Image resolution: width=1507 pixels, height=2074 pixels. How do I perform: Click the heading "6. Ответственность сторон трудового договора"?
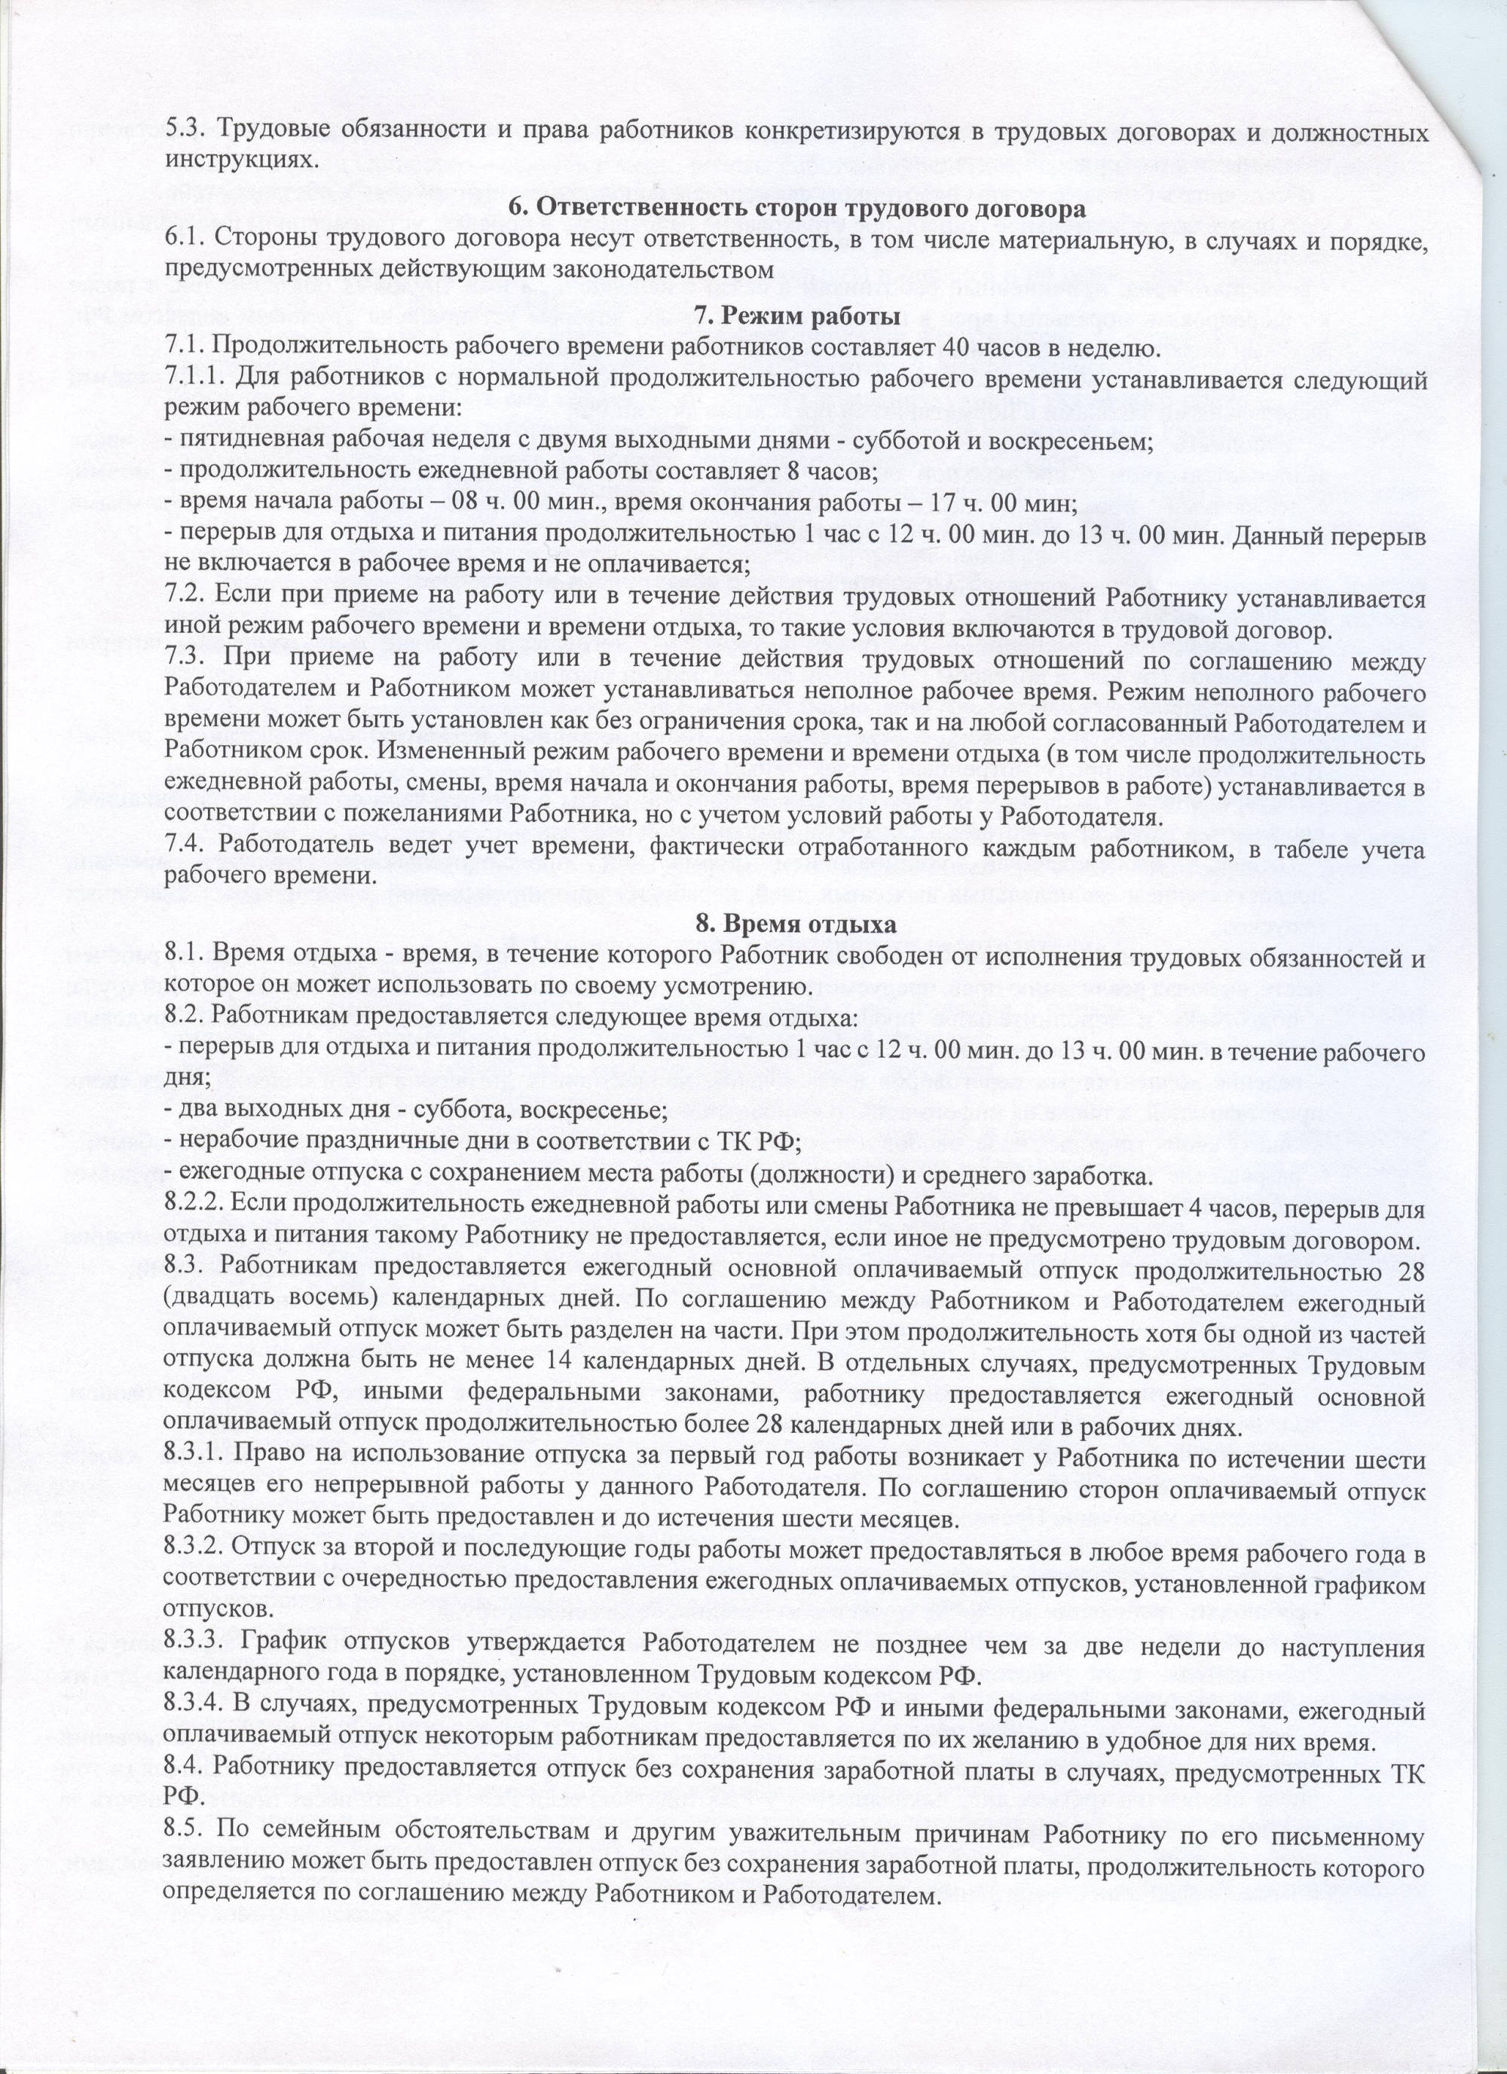click(796, 209)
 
